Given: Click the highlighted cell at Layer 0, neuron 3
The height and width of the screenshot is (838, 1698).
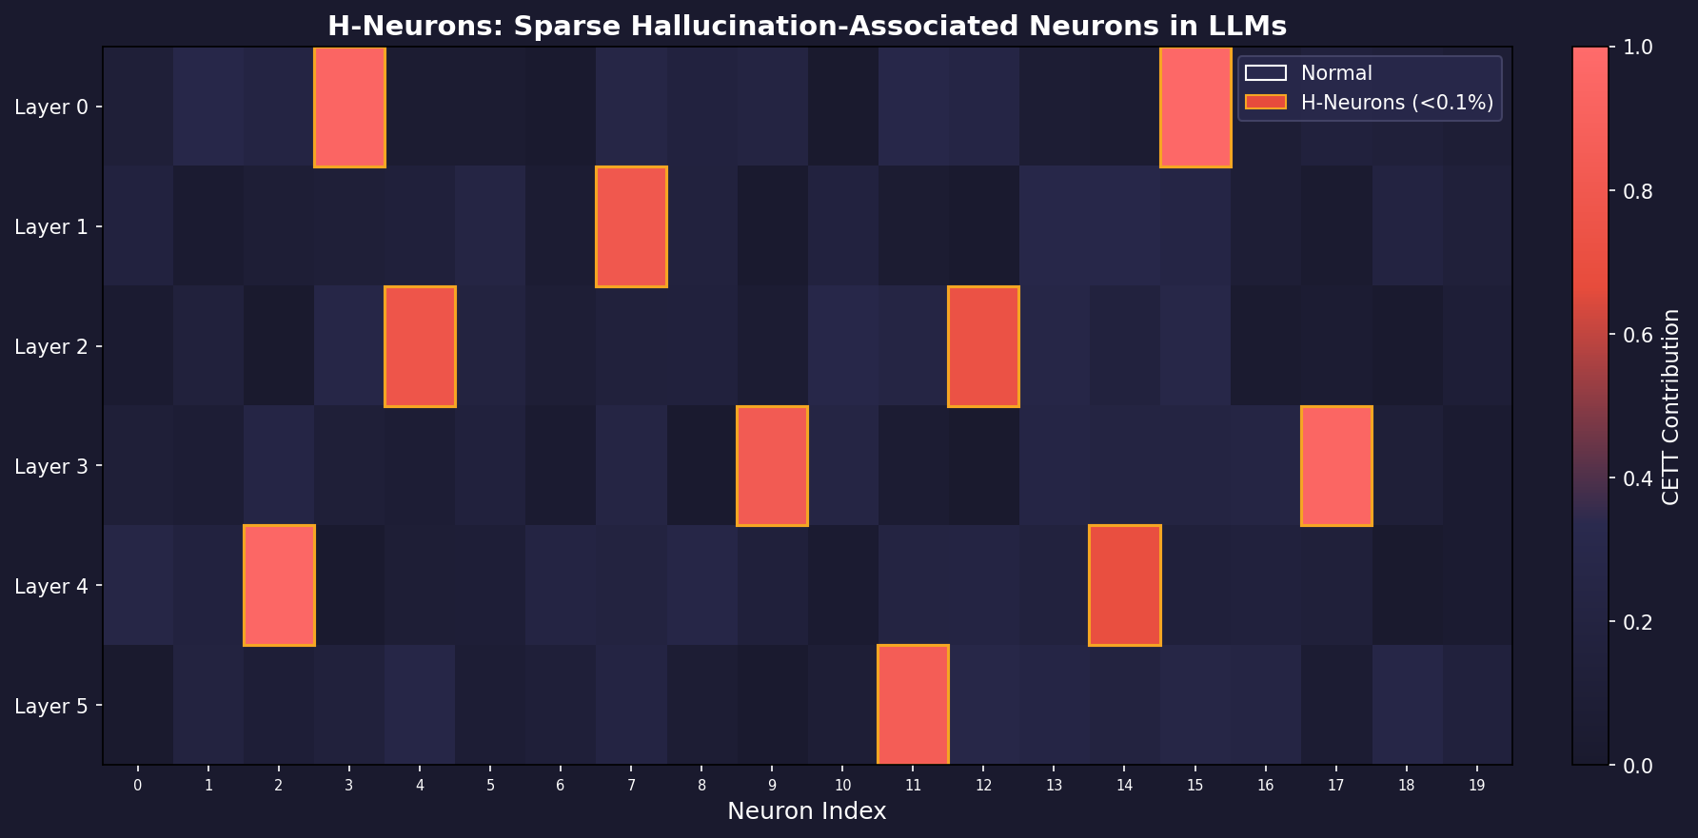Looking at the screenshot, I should click(349, 107).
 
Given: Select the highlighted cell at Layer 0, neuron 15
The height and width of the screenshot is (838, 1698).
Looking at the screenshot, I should click(1195, 107).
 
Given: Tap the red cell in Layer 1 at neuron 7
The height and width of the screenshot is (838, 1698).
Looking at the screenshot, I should click(631, 226).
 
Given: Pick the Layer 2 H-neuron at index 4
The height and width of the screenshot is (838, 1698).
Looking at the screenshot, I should click(420, 346).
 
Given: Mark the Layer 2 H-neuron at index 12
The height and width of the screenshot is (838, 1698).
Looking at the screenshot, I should click(983, 346).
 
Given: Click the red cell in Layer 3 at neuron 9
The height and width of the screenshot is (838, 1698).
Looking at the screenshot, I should click(772, 466).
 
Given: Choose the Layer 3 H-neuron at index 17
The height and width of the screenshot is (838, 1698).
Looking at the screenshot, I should click(1336, 466).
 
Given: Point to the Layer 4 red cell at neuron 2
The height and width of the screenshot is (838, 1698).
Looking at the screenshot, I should click(279, 585).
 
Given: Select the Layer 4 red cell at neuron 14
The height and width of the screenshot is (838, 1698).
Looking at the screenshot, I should click(1124, 585).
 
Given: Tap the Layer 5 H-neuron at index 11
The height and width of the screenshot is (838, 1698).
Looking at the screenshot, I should click(913, 705).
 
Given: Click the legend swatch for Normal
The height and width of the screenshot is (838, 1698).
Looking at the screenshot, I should click(1265, 73).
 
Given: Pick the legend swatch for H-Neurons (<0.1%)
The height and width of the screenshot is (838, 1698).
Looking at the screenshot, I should click(1265, 103).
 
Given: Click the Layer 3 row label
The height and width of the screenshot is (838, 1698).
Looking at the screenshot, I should click(51, 466).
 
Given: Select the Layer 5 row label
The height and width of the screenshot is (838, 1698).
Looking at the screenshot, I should click(51, 706).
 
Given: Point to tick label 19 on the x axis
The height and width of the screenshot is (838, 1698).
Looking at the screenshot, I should click(1476, 786).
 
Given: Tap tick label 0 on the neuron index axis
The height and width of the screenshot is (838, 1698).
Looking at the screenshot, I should click(138, 786).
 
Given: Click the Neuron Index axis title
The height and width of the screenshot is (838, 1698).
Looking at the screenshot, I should click(806, 811).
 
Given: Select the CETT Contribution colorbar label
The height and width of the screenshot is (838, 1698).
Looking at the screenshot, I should click(1670, 406).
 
